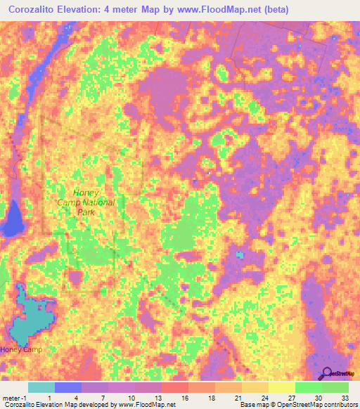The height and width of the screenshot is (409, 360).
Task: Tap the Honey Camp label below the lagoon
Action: tap(21, 349)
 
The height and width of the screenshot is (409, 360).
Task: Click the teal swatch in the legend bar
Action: tap(41, 387)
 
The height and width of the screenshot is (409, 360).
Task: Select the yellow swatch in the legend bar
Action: tap(282, 387)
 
